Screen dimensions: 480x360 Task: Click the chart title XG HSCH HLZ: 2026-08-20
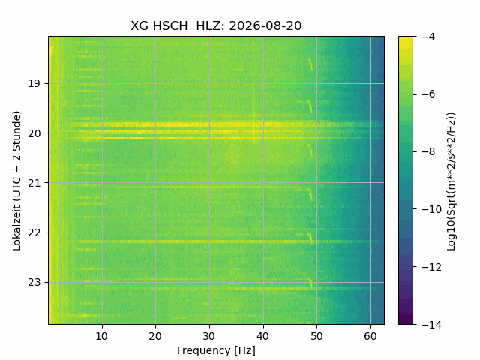[216, 25]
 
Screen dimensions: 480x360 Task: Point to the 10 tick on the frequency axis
[102, 336]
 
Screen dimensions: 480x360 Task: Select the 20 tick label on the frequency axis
[155, 336]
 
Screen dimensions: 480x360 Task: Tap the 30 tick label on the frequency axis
[209, 336]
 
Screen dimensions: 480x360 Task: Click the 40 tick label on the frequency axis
[263, 336]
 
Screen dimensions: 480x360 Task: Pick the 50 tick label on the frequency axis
[316, 336]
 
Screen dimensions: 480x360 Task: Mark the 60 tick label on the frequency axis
[370, 336]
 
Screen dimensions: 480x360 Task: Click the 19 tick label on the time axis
[34, 83]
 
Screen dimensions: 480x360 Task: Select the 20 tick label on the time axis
[34, 133]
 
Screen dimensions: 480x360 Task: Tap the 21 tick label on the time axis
[34, 183]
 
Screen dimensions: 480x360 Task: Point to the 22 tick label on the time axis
[34, 233]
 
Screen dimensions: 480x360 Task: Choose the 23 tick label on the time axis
[34, 282]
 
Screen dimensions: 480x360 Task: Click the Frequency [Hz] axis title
[216, 350]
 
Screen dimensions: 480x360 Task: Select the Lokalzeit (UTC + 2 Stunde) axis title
[17, 181]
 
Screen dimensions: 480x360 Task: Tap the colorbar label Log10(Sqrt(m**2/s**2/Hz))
[451, 181]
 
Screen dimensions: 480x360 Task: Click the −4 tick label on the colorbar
[428, 37]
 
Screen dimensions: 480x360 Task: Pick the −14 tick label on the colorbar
[431, 325]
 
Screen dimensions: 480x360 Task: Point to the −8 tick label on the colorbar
[428, 151]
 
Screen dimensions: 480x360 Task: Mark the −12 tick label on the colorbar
[431, 267]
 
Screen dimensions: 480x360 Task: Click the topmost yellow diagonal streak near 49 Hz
[310, 64]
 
